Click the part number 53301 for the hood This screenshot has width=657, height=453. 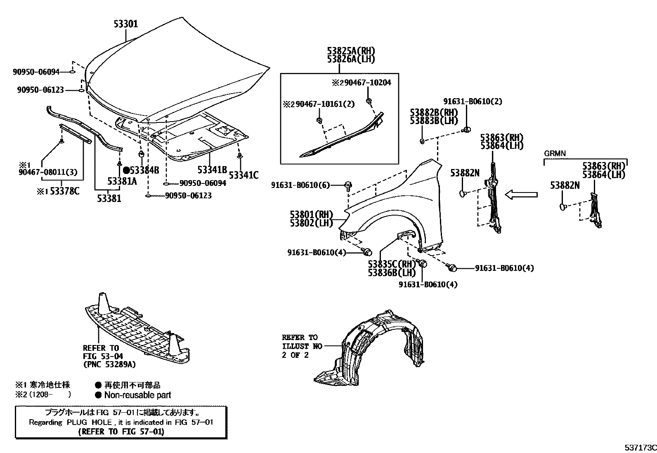point(126,24)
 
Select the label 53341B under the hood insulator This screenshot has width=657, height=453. point(212,169)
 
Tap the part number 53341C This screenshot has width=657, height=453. point(243,176)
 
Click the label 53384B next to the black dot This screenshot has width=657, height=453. point(144,170)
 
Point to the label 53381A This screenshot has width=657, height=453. point(122,181)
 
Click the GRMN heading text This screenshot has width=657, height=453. point(555,153)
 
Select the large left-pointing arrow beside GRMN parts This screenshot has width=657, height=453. point(522,194)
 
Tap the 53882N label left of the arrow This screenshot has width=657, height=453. point(465,173)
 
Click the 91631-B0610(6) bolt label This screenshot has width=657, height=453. point(300,185)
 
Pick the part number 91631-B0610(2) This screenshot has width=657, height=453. point(473,101)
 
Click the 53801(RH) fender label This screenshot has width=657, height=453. point(311,215)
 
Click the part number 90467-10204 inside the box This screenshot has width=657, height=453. point(365,83)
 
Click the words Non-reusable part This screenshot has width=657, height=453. point(137,395)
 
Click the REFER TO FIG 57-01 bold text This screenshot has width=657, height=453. point(121,432)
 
